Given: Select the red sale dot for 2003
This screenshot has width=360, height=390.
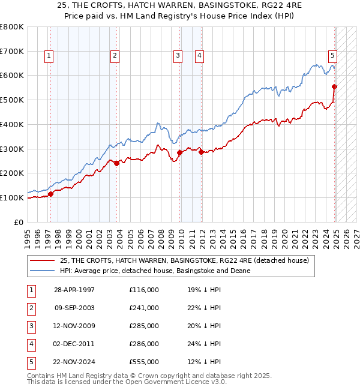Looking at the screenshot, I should [117, 163].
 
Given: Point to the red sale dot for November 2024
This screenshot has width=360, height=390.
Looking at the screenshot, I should [335, 86].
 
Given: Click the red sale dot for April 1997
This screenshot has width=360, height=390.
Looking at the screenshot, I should [51, 194].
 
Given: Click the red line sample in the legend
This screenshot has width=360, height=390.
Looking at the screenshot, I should [41, 261].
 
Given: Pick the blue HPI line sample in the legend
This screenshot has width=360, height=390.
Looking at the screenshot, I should [41, 271].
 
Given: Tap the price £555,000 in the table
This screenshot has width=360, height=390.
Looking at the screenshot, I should [144, 362].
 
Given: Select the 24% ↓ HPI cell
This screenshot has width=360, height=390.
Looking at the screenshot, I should [205, 344].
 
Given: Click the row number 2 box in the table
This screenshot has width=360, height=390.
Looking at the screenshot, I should [31, 308].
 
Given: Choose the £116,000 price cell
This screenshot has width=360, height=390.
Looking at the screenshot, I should [144, 290].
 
